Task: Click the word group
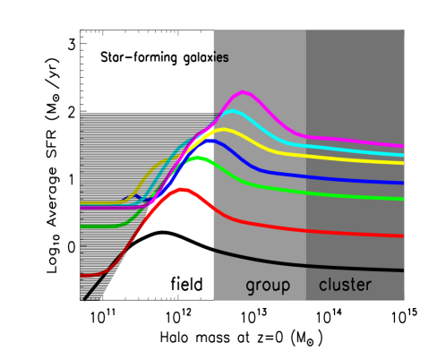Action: tap(268, 286)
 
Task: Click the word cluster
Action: tap(345, 285)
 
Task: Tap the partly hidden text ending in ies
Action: tap(220, 58)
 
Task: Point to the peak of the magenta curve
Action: tap(244, 92)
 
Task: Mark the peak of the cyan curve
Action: tap(232, 111)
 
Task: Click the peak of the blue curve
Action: tap(210, 140)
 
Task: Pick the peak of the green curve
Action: tap(198, 159)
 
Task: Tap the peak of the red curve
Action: tap(183, 190)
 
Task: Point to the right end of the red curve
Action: tap(403, 236)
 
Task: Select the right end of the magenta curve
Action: tap(403, 146)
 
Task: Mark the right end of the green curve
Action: tap(403, 199)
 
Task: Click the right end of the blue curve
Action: tap(403, 183)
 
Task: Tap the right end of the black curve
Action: tap(403, 270)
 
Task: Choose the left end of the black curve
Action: tap(214, 251)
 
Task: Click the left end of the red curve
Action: tap(81, 276)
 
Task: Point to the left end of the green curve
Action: tap(81, 227)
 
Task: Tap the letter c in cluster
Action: tap(323, 286)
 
